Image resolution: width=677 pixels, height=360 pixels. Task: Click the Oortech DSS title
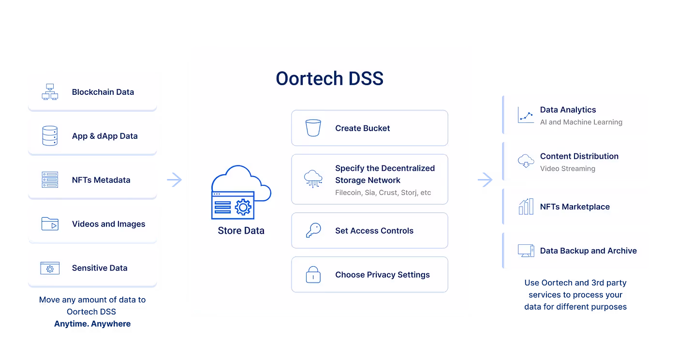(x=329, y=78)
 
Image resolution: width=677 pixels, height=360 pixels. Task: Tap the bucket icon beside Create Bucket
(x=313, y=128)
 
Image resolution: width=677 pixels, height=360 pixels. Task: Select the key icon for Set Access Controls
(x=313, y=230)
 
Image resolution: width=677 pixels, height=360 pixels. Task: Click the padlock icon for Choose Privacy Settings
(x=313, y=274)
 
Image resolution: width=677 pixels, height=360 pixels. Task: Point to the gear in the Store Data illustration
(x=243, y=208)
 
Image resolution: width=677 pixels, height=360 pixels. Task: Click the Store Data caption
(x=241, y=231)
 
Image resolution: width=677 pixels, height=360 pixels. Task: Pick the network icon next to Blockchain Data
(x=50, y=92)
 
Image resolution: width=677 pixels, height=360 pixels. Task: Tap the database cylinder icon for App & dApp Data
(x=50, y=136)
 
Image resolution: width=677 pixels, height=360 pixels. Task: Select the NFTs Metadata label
(x=101, y=180)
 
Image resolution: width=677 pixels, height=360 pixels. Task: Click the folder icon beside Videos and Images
(x=50, y=224)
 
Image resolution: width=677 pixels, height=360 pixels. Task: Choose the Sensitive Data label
(x=100, y=268)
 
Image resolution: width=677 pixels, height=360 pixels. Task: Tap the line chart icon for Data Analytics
(x=526, y=115)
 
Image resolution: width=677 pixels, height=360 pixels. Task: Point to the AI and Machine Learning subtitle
(x=581, y=122)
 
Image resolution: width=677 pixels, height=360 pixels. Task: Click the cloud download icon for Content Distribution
(x=526, y=161)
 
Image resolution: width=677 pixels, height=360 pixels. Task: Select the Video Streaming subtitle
(x=568, y=169)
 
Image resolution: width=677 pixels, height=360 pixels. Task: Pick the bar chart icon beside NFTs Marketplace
(x=526, y=207)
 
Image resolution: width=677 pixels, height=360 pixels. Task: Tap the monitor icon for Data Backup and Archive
(x=526, y=251)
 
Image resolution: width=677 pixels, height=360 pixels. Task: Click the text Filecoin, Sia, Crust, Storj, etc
(x=383, y=193)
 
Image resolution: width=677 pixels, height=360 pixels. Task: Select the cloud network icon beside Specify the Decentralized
(x=313, y=179)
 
